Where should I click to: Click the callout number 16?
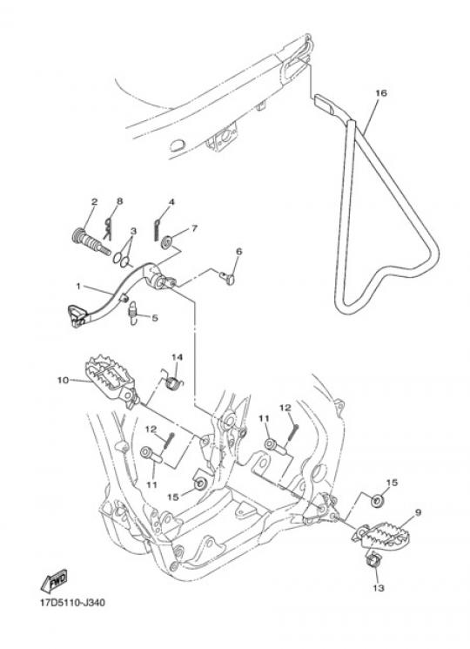pos(380,93)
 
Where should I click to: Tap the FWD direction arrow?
pos(55,582)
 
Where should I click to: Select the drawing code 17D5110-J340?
pos(72,602)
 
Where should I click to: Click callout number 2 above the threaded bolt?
pos(95,202)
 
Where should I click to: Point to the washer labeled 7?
pos(167,241)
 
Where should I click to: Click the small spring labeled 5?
pos(132,313)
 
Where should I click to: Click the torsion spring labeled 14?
pos(171,380)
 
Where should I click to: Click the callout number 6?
pos(239,251)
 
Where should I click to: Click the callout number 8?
pos(119,201)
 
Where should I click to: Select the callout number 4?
pos(171,202)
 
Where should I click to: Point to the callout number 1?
pos(78,286)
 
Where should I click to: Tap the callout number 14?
pos(177,357)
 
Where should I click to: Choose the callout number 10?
pos(63,380)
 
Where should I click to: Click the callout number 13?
pos(379,588)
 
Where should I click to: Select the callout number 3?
pos(133,231)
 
